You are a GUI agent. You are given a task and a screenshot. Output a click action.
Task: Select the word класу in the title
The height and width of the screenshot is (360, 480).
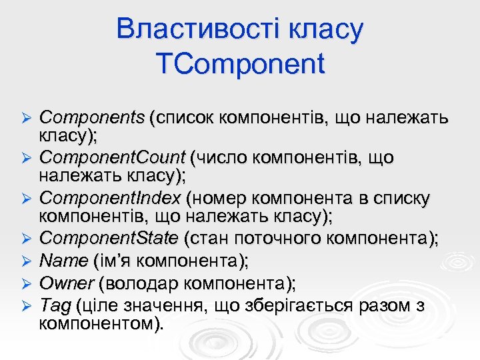pos(321,29)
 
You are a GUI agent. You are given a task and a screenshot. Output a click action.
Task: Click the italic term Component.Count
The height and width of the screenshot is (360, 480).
pos(112,158)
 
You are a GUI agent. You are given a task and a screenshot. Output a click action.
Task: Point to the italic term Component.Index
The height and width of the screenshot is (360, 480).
pos(109,198)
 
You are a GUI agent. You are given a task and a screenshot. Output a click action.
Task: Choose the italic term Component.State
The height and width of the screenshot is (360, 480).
pos(109,239)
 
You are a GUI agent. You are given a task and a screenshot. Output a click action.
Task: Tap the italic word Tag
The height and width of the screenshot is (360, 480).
pos(55,305)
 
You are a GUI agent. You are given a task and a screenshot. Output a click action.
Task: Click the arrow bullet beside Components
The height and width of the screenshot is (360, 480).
pos(27,119)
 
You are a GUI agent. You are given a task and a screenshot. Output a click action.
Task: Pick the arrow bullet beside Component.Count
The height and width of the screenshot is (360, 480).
pos(27,159)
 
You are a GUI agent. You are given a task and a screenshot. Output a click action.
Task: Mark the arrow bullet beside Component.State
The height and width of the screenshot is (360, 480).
pos(27,239)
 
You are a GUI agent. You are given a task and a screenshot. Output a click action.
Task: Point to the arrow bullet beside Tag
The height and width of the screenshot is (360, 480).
pos(27,306)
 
